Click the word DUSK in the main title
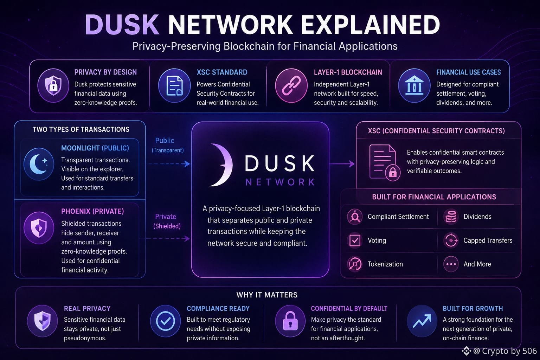coord(122,25)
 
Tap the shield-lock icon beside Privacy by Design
coord(53,85)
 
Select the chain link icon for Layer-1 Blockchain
coord(291,85)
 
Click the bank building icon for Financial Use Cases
coord(414,85)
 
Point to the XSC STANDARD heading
coord(222,72)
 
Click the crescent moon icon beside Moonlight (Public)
coord(39,164)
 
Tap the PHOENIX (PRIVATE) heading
coord(92,212)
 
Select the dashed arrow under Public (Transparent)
coord(169,164)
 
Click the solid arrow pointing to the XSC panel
coord(342,164)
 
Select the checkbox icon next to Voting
coord(355,240)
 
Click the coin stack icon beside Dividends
coord(451,217)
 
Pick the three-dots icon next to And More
coord(451,264)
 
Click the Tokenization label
coord(385,264)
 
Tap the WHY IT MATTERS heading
coord(267,295)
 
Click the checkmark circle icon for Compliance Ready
coord(165,321)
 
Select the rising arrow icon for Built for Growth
coord(422,321)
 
